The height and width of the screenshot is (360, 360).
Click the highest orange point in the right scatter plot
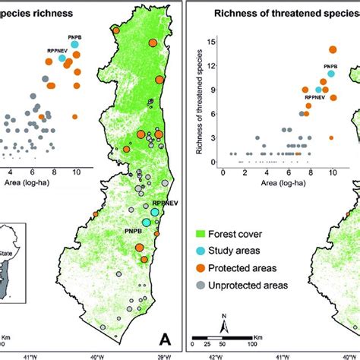[x=333, y=49]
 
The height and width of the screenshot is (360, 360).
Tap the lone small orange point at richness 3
[x=331, y=137]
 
